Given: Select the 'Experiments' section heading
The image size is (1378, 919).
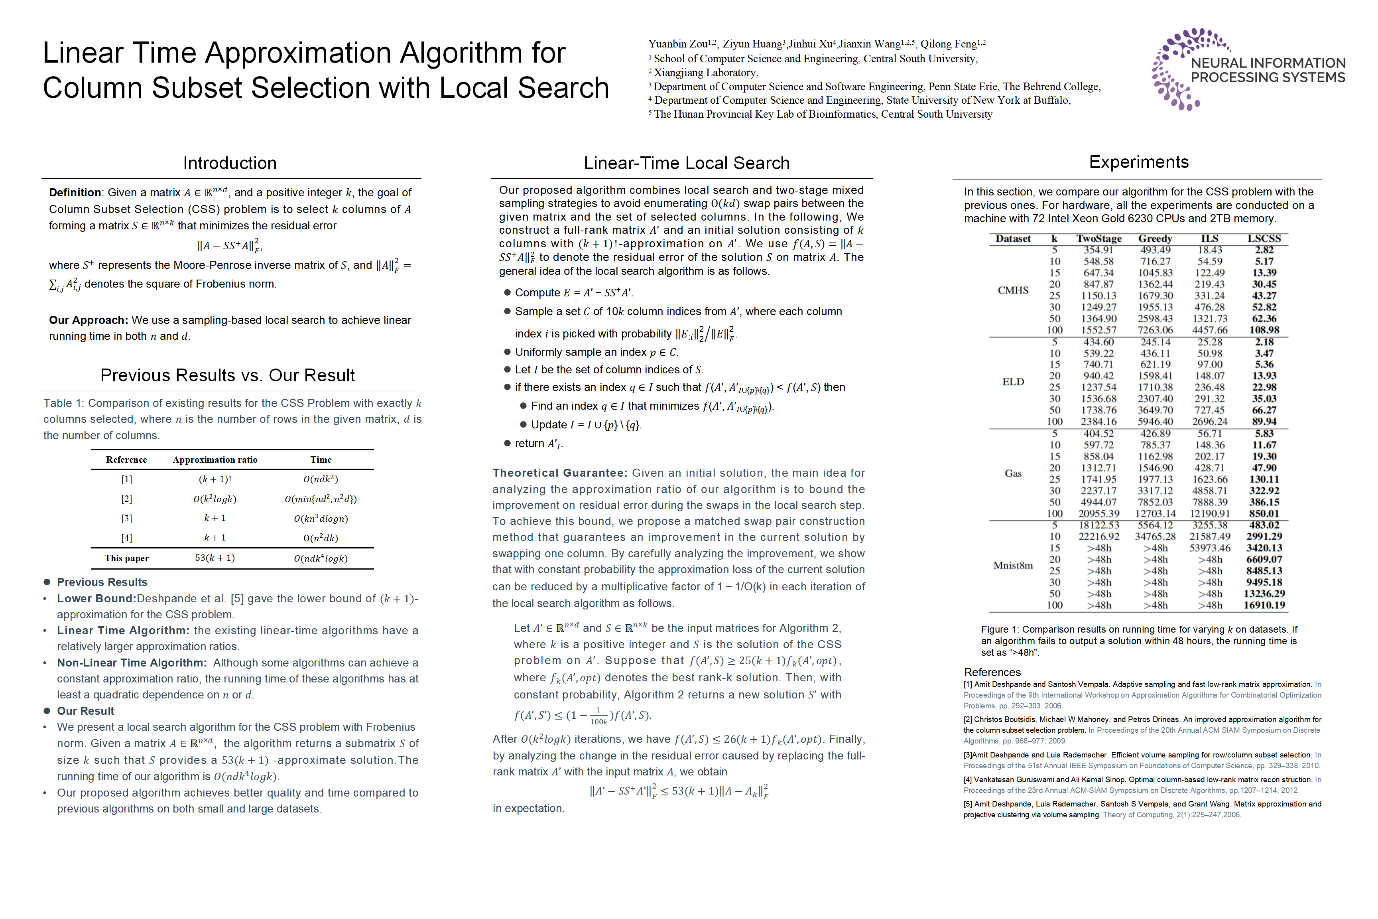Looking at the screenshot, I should click(x=1138, y=162).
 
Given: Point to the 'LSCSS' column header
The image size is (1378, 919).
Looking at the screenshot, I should click(x=1264, y=239).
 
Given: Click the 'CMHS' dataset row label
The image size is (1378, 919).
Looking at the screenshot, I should click(x=1013, y=290).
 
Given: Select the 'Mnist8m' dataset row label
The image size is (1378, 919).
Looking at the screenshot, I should click(x=1013, y=566).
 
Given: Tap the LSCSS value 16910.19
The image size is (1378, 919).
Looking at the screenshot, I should click(x=1264, y=605).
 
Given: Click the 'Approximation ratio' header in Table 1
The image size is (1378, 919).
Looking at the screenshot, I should click(x=215, y=459).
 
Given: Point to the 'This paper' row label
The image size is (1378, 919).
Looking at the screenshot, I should click(x=126, y=558).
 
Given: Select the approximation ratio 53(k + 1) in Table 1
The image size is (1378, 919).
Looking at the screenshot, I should click(x=215, y=558).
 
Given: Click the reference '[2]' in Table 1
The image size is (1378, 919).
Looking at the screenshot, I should click(x=126, y=499).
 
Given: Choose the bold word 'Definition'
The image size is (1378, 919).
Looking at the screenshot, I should click(x=75, y=192).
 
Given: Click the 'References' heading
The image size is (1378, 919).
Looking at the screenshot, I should click(x=992, y=672).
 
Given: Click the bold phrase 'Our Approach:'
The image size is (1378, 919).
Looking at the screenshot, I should click(x=88, y=320).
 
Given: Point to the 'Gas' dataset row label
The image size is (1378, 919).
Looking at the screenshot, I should click(x=1013, y=473).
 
